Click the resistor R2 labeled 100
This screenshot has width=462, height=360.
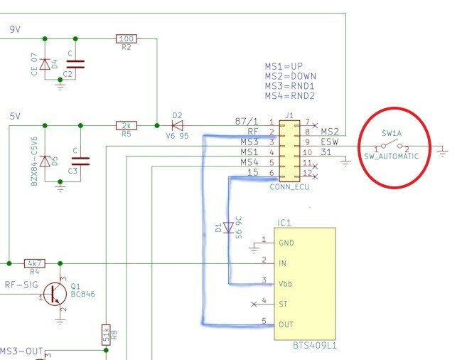(126, 38)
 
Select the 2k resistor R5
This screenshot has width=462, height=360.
(126, 125)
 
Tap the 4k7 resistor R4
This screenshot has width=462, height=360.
(34, 263)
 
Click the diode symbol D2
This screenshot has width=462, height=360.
(177, 125)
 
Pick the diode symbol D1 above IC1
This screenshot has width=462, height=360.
(228, 228)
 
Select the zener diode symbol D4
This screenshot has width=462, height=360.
(45, 65)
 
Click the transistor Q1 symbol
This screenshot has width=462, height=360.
(53, 293)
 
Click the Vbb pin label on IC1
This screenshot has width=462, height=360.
(286, 283)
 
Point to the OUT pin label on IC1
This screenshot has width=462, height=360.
(286, 324)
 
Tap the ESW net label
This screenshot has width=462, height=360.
(331, 142)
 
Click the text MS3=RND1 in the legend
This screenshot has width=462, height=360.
(290, 85)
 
